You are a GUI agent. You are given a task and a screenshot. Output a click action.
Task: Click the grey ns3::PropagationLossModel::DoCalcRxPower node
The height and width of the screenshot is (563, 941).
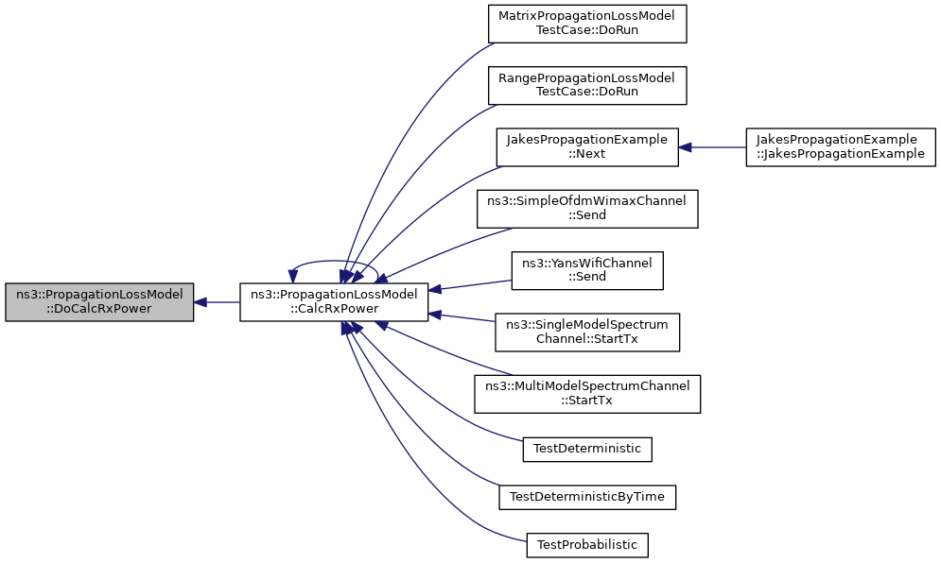[x=99, y=302]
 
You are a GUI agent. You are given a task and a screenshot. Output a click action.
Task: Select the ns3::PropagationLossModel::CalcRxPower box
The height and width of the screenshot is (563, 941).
[x=334, y=302]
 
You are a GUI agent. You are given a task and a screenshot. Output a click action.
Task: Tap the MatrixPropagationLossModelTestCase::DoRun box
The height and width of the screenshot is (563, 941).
[x=587, y=24]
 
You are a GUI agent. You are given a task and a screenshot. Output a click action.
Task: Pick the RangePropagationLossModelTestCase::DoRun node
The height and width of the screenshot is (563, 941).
[x=587, y=86]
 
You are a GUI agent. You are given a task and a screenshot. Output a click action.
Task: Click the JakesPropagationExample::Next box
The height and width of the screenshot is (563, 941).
[x=587, y=147]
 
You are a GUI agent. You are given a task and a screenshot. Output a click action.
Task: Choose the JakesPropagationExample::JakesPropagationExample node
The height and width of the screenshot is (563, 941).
[x=840, y=147]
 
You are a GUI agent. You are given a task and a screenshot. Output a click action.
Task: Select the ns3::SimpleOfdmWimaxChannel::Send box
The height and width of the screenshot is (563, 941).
[x=587, y=209]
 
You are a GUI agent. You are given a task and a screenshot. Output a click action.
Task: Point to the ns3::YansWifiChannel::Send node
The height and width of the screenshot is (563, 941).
[x=587, y=271]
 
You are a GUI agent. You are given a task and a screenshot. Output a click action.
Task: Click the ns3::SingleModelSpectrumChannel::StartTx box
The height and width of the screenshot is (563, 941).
[x=587, y=333]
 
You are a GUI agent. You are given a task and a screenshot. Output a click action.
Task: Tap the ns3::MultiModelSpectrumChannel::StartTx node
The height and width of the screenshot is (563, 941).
[x=587, y=394]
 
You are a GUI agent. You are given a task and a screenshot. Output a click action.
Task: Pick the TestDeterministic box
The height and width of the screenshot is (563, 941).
[x=587, y=449]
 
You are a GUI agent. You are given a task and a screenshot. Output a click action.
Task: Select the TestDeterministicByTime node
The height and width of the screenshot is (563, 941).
[x=587, y=497]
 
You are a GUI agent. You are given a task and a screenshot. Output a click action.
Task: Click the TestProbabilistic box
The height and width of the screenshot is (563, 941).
[x=587, y=545]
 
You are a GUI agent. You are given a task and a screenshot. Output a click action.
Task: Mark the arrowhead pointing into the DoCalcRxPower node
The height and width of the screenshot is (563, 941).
[x=200, y=302]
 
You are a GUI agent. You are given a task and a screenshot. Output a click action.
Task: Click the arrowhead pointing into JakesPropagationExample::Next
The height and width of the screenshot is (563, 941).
[x=685, y=147]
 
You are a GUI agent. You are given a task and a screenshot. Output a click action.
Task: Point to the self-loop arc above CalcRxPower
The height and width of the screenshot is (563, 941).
[x=334, y=262]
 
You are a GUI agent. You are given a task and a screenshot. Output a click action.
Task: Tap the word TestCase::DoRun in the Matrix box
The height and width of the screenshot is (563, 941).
[x=587, y=30]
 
